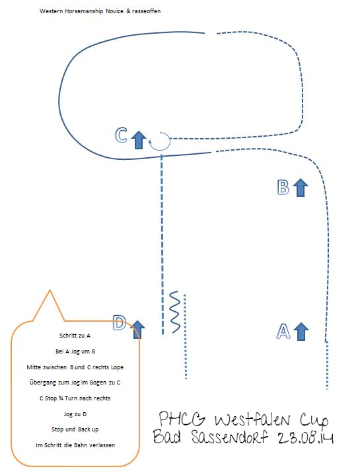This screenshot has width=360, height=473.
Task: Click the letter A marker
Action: pyautogui.click(x=283, y=332)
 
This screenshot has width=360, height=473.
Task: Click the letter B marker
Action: pyautogui.click(x=283, y=187)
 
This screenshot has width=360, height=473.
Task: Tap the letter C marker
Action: pyautogui.click(x=121, y=135)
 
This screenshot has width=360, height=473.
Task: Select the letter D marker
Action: pyautogui.click(x=120, y=323)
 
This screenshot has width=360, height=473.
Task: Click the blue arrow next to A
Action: pyautogui.click(x=301, y=332)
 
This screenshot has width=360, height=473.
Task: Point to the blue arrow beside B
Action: pyautogui.click(x=301, y=188)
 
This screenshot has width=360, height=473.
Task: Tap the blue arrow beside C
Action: pyautogui.click(x=139, y=139)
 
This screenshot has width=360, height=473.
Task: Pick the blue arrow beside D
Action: pyautogui.click(x=138, y=330)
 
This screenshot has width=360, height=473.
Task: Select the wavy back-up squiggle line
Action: pyautogui.click(x=175, y=312)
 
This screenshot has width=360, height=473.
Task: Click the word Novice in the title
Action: pyautogui.click(x=114, y=11)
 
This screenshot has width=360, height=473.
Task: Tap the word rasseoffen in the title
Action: pyautogui.click(x=146, y=11)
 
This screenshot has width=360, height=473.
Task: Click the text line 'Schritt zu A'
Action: pyautogui.click(x=75, y=336)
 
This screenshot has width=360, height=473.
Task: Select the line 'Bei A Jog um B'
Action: pyautogui.click(x=75, y=351)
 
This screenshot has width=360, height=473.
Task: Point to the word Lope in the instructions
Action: pyautogui.click(x=118, y=367)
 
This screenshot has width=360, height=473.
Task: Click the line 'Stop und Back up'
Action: pyautogui.click(x=75, y=429)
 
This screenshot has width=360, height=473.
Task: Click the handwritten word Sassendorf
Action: pyautogui.click(x=229, y=437)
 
